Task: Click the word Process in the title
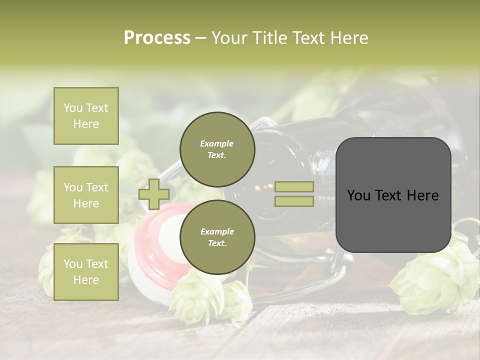(x=157, y=38)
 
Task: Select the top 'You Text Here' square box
(x=86, y=116)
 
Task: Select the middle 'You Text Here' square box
(x=86, y=195)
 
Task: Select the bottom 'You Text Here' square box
(x=86, y=271)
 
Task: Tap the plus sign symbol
(x=154, y=194)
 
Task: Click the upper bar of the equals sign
(x=294, y=187)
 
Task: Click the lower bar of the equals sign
(x=294, y=201)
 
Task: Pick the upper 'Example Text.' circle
(x=217, y=149)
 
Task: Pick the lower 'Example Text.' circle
(x=217, y=237)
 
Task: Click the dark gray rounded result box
(x=393, y=195)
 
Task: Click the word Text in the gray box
(x=392, y=195)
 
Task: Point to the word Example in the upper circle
(x=217, y=143)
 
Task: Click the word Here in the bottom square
(x=86, y=280)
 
